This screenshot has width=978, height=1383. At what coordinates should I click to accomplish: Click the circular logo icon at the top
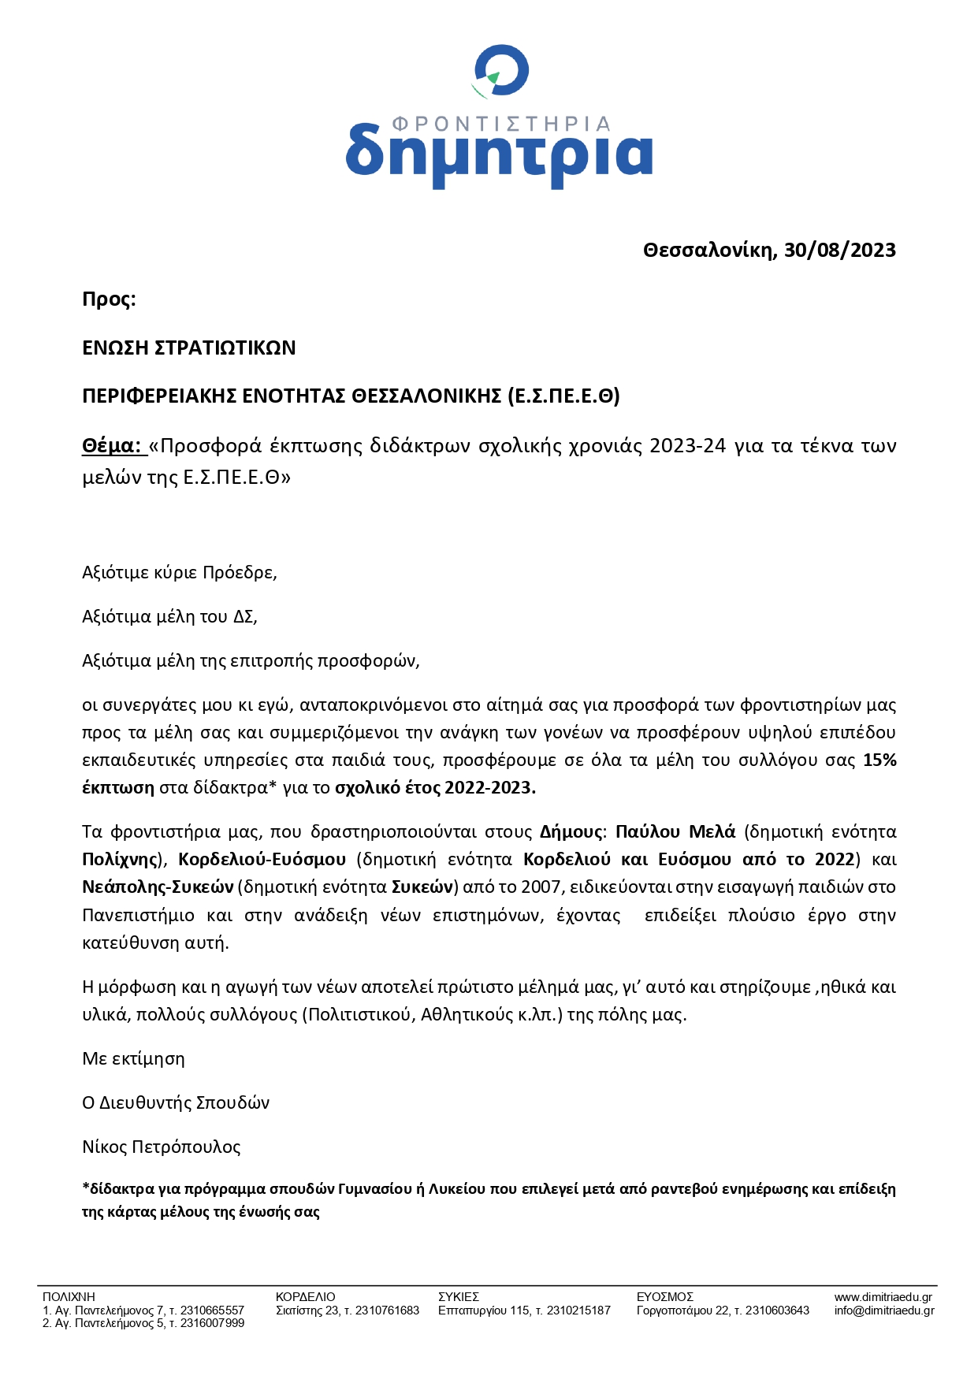tap(500, 72)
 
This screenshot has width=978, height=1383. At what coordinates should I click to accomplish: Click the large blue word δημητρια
tap(499, 154)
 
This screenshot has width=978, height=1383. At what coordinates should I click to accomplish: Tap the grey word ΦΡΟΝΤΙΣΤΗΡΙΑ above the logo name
tap(501, 124)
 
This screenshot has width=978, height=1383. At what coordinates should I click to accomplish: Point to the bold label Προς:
tap(109, 299)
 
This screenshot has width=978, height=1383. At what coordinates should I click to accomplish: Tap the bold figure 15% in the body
tap(879, 760)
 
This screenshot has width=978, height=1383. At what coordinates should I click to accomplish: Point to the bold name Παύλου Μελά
tap(675, 831)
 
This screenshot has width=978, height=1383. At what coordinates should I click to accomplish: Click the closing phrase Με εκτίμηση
tap(133, 1058)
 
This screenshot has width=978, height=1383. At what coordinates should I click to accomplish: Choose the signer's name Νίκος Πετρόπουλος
tap(162, 1147)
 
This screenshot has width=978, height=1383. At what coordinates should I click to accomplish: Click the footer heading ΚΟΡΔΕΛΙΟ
tap(305, 1296)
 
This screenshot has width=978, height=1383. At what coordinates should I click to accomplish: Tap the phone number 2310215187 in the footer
tap(578, 1311)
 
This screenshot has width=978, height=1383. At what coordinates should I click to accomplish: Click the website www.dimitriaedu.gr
tap(883, 1296)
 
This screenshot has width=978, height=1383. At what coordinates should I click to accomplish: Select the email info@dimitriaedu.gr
tap(883, 1311)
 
